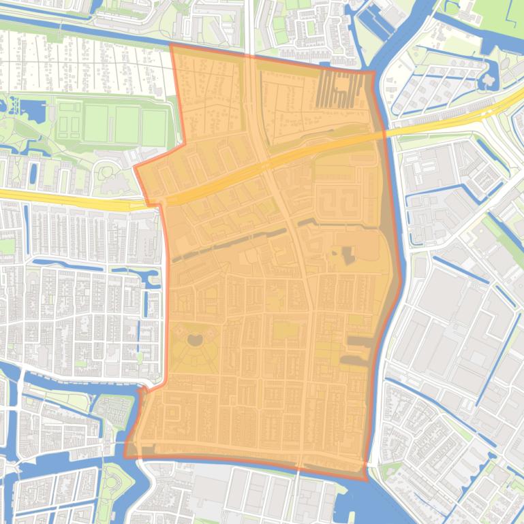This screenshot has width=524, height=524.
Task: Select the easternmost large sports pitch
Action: [154, 126]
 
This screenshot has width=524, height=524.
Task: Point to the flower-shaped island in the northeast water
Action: [489, 80]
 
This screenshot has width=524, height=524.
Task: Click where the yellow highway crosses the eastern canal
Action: [386, 133]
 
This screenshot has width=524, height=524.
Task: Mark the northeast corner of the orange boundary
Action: [373, 71]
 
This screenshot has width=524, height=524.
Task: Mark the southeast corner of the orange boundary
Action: [367, 478]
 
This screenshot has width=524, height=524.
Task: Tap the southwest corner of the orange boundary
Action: [125, 456]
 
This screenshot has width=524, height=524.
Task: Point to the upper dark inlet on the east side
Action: [361, 340]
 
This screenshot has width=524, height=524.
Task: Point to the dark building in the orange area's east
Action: [348, 256]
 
